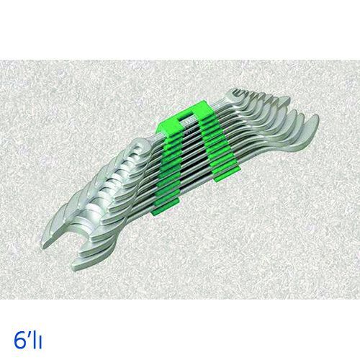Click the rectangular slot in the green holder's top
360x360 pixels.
[186, 116]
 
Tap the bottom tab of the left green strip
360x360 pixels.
[165, 206]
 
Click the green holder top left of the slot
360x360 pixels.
[168, 121]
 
